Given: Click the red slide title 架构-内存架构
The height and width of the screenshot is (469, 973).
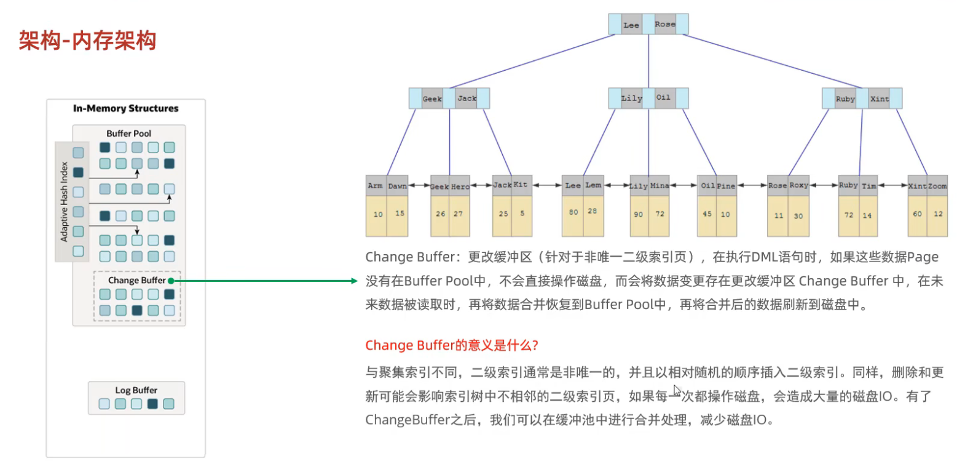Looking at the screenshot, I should pos(87,41).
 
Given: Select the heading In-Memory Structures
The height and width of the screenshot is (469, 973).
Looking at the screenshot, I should pos(125,108).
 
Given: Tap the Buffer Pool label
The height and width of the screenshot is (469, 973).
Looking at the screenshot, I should pos(128,134).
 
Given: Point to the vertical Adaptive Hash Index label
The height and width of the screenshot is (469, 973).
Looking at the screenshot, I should pos(64,201).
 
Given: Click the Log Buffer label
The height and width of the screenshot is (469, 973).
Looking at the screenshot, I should pos(136,390).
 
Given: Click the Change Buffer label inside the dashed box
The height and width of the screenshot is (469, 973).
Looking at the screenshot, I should pos(136,280).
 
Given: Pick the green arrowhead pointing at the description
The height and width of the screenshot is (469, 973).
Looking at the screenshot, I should pos(353,281).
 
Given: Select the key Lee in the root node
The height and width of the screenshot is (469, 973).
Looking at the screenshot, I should pos(631,25).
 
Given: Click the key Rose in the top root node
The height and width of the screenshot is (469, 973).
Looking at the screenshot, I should pos(664,24).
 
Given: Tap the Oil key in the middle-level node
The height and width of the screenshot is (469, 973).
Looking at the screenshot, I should pos(663,97).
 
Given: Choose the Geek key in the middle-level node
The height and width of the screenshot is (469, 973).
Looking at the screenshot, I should pos(432,98).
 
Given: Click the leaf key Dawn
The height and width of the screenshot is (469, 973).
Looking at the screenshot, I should pos(397,186).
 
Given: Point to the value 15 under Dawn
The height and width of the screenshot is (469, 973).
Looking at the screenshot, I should pos(400,214).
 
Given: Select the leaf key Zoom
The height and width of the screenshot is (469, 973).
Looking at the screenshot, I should pos(937,186).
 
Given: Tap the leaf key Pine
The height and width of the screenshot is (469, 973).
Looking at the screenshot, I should pos(726,186).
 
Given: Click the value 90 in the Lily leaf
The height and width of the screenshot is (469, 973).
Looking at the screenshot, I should pos(639,214).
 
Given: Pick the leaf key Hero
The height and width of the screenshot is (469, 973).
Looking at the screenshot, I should pos(460,186).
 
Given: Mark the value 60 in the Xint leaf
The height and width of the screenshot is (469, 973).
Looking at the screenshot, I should pos(917,214).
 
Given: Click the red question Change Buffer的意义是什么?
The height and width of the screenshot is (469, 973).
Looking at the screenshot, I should pos(452,345).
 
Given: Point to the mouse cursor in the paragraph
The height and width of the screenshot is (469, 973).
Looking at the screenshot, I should pos(677,390).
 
